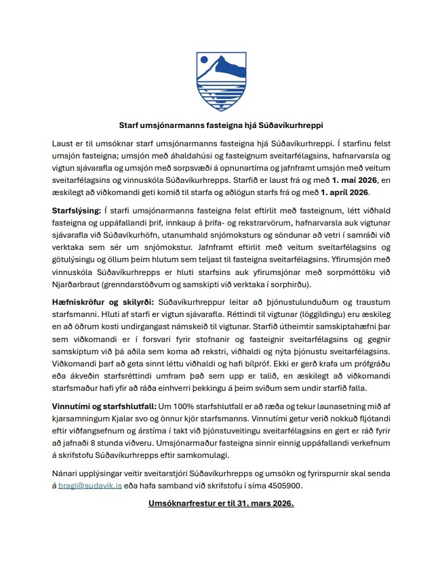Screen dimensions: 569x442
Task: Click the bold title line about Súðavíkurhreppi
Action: (x=220, y=125)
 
